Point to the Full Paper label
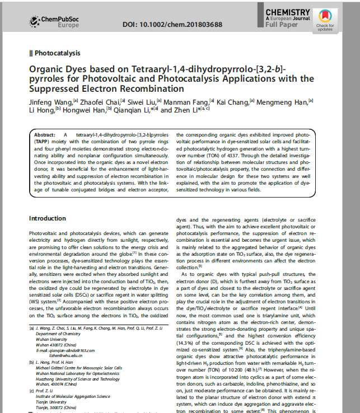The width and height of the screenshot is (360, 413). pos(282,25)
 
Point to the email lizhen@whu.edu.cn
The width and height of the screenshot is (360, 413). pos(66,355)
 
